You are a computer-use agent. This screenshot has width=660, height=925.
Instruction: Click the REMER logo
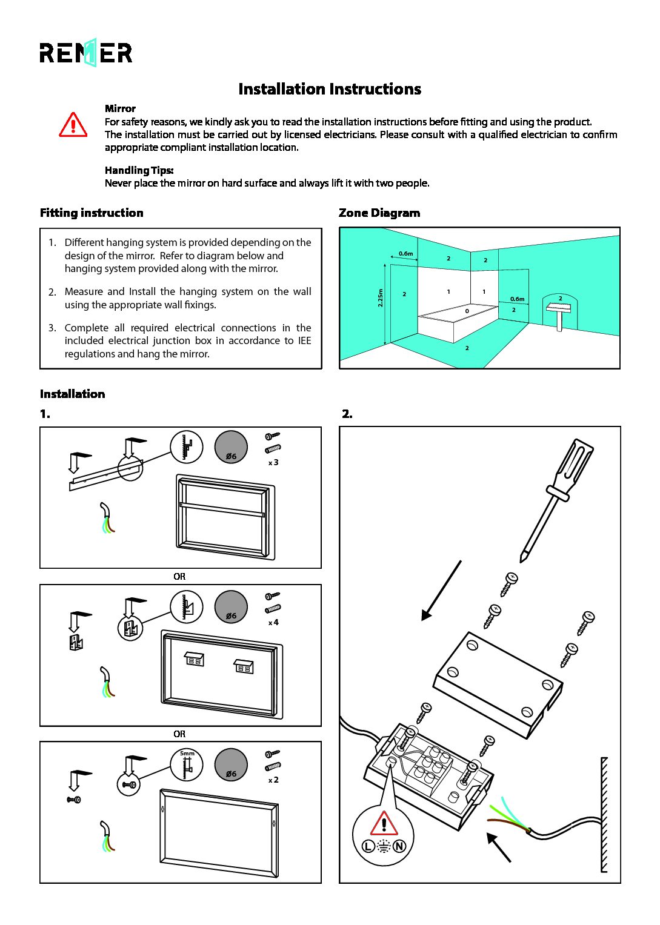click(85, 53)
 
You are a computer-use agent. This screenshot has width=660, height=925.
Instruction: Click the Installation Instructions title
click(330, 89)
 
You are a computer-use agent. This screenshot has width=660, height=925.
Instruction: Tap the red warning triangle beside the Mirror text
click(73, 124)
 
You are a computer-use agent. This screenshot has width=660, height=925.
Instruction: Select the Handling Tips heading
click(139, 170)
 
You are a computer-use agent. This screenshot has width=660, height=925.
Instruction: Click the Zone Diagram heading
click(379, 213)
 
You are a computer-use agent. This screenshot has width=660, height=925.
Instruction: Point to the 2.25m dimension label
click(381, 297)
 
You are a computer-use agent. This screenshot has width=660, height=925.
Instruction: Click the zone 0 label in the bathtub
click(467, 311)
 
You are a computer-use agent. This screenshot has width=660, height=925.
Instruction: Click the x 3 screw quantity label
click(273, 463)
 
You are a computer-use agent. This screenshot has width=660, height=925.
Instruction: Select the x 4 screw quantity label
click(273, 622)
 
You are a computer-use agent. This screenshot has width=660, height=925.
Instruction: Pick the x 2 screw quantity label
click(273, 780)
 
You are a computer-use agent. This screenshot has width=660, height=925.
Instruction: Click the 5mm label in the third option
click(187, 754)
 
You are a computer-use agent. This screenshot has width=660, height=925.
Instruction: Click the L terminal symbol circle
click(368, 846)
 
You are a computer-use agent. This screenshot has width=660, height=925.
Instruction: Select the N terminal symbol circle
click(399, 846)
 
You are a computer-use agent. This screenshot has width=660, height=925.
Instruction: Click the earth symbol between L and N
click(384, 846)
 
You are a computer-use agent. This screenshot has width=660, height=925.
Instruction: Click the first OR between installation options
click(179, 577)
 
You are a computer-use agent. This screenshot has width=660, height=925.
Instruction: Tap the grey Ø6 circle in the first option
click(231, 447)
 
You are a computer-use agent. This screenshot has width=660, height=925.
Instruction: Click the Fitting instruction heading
click(92, 213)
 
